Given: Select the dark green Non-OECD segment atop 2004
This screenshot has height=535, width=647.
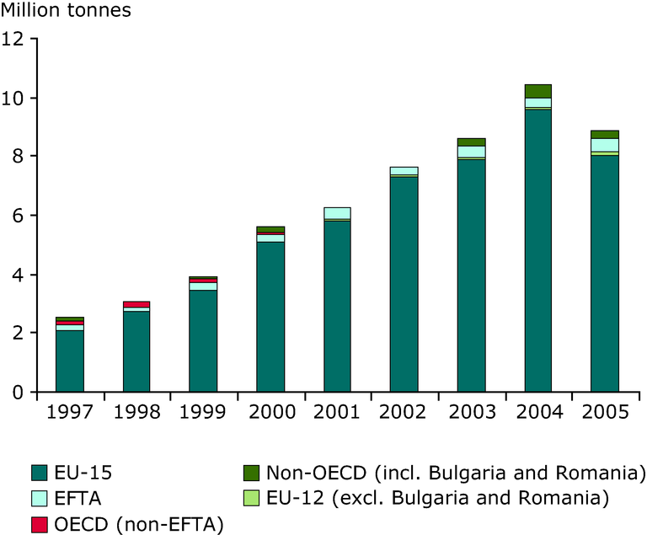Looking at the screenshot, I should [x=537, y=91].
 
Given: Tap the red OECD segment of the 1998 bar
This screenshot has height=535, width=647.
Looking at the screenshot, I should [x=136, y=304].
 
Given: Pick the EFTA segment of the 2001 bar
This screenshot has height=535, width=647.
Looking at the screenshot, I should [x=337, y=213].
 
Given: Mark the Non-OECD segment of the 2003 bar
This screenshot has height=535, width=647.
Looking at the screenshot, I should [x=471, y=142].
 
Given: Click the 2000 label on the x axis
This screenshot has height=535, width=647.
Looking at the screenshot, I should [x=270, y=414].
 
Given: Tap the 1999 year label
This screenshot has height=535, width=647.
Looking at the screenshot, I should [x=203, y=414].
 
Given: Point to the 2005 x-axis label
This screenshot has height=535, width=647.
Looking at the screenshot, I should [x=604, y=414].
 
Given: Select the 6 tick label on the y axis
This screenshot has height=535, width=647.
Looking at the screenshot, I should [x=19, y=216].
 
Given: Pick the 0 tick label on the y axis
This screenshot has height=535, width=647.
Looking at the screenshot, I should [x=19, y=393].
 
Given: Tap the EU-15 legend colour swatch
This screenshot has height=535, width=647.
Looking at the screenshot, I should [x=40, y=471].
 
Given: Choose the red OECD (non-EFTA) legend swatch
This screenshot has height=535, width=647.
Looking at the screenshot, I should [x=40, y=525].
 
